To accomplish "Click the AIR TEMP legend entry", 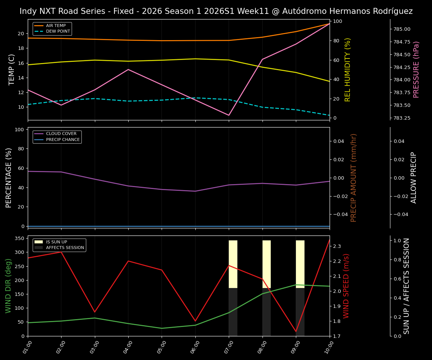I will (x=55, y=26).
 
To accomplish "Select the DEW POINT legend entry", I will (x=58, y=31).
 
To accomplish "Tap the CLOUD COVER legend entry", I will (x=61, y=134).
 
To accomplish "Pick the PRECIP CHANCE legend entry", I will (x=63, y=140).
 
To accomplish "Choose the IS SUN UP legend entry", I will (x=56, y=242).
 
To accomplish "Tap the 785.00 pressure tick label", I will (x=402, y=29).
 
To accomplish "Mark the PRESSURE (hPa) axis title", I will (x=416, y=69).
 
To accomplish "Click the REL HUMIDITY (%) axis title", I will (x=348, y=69).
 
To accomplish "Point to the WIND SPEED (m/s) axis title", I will (x=346, y=286).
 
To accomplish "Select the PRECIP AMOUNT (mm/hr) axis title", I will (x=354, y=177).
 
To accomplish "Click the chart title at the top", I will (x=216, y=11).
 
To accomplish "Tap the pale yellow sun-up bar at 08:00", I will (x=267, y=264).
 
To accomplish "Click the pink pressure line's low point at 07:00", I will (x=229, y=115).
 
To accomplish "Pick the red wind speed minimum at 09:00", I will (x=296, y=331).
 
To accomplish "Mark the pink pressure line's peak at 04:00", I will (x=128, y=69).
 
